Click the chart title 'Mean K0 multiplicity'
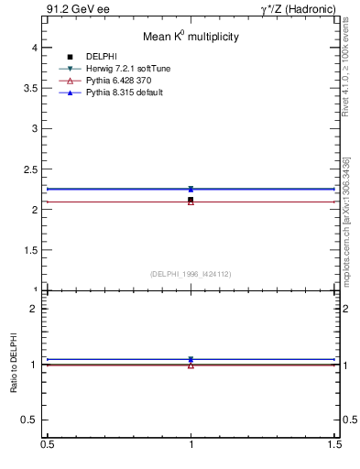(191, 38)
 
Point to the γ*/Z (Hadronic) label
(299, 9)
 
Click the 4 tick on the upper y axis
(37, 47)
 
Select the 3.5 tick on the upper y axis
(33, 88)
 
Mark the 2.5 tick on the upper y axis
(33, 169)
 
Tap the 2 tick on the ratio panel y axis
(37, 309)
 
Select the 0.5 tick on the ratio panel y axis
(33, 420)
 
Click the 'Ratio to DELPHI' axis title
(15, 364)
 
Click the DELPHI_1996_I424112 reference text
(191, 273)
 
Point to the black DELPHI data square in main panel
(191, 200)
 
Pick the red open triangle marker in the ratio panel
(191, 365)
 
